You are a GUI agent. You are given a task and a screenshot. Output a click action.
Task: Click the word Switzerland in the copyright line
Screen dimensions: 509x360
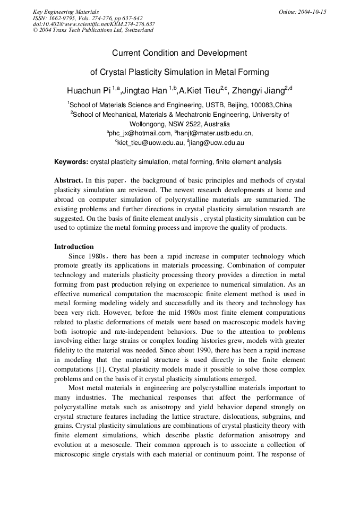click(x=138, y=30)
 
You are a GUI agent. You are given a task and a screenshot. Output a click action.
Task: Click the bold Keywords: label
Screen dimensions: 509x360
click(x=71, y=162)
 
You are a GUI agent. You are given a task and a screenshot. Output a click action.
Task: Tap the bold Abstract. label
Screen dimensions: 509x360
click(x=68, y=180)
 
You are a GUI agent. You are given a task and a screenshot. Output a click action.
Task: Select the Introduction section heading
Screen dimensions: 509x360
click(x=74, y=247)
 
